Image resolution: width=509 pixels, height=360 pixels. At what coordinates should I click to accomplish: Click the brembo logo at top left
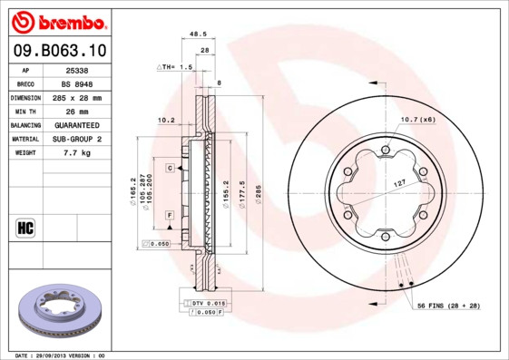click(59, 21)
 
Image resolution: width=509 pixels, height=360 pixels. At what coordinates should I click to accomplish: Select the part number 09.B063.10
click(58, 51)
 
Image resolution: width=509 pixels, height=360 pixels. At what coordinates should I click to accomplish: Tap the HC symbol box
click(25, 227)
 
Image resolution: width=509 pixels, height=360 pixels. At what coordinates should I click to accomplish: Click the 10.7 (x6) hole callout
click(417, 120)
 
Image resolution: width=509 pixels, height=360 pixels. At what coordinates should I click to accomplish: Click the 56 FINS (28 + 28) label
click(448, 306)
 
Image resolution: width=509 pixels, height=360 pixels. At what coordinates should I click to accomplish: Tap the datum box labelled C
click(169, 169)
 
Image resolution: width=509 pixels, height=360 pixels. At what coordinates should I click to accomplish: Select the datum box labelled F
click(169, 214)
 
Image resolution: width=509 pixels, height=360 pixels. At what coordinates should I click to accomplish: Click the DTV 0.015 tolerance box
click(204, 302)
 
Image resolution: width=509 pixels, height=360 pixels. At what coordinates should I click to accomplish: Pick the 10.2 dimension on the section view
click(165, 120)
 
